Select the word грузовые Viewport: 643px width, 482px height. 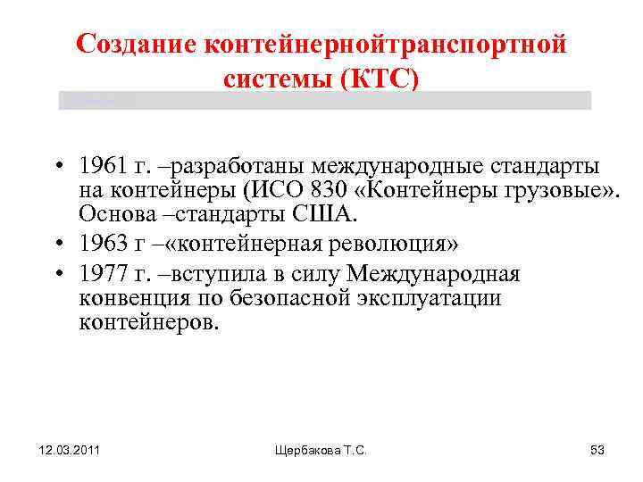536,191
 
